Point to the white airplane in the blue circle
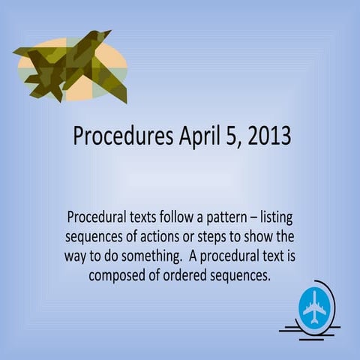pos(314,307)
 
